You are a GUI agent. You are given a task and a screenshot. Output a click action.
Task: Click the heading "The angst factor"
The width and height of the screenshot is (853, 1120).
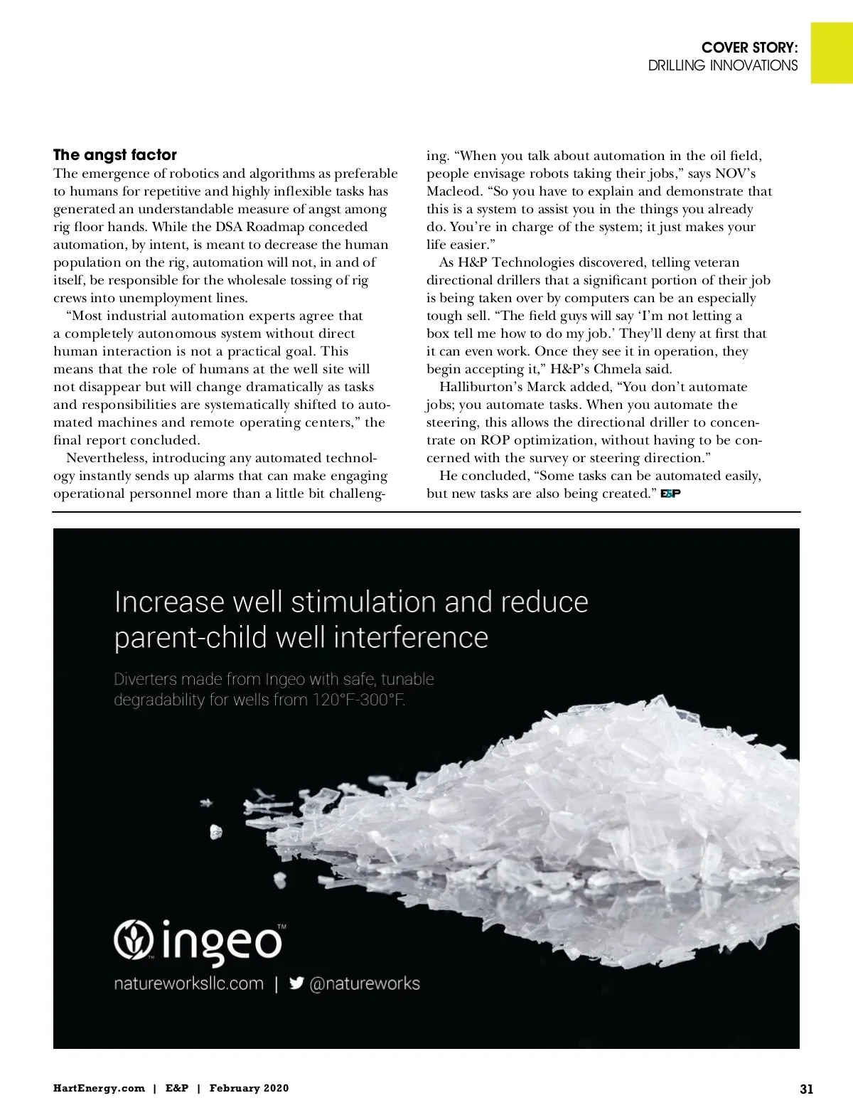(115, 155)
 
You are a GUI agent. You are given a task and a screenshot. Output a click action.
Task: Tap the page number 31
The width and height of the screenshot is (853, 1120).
(806, 1089)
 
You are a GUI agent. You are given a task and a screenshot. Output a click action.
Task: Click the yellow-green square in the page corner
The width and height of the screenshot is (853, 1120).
(832, 53)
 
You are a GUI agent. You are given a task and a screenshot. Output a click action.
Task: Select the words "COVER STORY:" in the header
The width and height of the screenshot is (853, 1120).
(749, 48)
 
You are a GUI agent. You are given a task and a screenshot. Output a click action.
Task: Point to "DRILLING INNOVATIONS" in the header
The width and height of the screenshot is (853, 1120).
(722, 65)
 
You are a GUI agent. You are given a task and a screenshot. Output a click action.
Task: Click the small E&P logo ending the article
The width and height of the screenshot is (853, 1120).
(670, 494)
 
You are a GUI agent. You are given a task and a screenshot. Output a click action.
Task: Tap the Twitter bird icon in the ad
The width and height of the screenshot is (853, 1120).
(297, 983)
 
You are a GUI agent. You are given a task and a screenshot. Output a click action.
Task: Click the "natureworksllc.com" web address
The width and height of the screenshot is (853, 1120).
(188, 983)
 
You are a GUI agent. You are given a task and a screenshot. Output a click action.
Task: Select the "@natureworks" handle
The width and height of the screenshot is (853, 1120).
(365, 983)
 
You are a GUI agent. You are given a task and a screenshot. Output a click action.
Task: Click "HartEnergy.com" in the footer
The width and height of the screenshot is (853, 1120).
(99, 1088)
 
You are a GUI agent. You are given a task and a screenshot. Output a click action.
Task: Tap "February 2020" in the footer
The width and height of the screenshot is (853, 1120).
(249, 1088)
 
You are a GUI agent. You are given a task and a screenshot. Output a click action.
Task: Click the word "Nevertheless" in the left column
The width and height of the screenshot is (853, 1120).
(107, 458)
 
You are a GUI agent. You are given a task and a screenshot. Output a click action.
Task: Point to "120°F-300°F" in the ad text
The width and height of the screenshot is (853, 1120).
(358, 700)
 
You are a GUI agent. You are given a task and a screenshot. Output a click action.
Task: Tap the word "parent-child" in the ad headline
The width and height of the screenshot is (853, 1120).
(190, 637)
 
